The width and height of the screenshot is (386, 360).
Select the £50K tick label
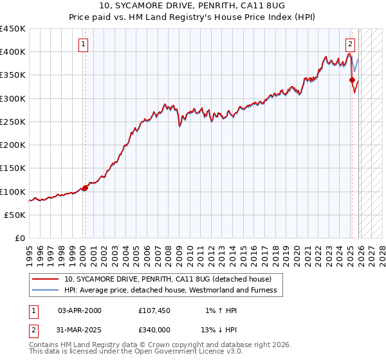(x=15, y=215)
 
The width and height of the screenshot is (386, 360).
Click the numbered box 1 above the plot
(x=84, y=44)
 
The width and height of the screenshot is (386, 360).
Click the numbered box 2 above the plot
(x=350, y=44)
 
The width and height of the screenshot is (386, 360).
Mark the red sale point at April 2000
(x=85, y=188)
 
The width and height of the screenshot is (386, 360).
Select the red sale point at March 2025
(x=352, y=80)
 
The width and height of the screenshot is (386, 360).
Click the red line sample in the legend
(x=46, y=279)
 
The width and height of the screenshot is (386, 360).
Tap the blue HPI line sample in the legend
(x=46, y=290)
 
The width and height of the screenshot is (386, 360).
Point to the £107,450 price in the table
(x=154, y=310)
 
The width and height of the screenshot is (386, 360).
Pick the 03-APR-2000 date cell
(x=80, y=310)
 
